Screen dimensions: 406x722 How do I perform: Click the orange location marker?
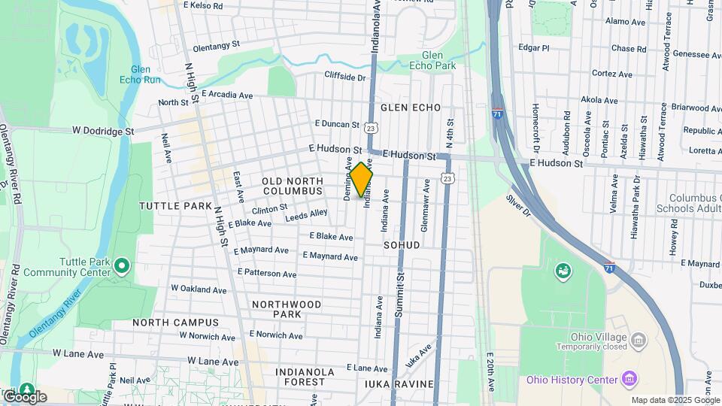point(361,180)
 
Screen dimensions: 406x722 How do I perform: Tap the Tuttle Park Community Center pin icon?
point(122,265)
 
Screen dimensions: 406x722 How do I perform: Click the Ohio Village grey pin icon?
point(639,341)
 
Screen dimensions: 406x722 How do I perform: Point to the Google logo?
point(24,396)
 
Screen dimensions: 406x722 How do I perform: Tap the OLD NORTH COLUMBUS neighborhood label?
point(292,186)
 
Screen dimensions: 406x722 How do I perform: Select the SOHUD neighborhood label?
point(402,245)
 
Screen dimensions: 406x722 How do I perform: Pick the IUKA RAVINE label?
point(399,384)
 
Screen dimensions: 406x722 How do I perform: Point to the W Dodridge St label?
point(103,130)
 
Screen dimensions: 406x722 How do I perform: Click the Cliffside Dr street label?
point(344,77)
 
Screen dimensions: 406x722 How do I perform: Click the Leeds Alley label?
point(306,216)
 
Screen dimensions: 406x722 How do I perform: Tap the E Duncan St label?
point(337,123)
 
